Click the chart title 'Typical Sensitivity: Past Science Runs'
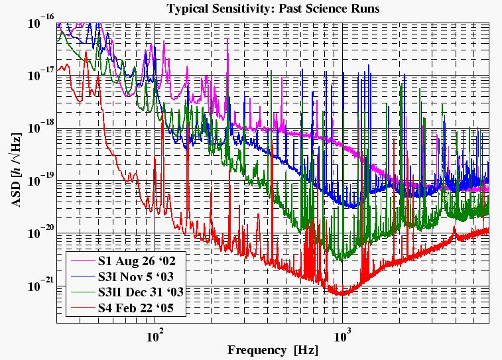click(273, 9)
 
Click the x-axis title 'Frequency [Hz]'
click(273, 349)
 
